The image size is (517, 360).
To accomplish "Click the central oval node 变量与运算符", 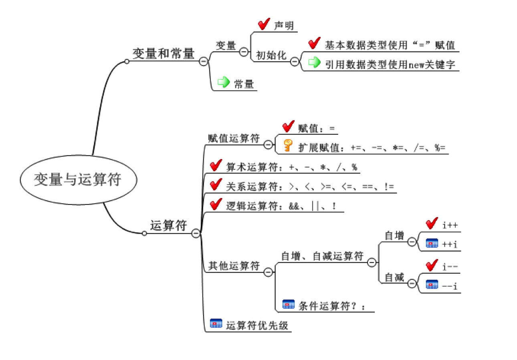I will click(79, 180).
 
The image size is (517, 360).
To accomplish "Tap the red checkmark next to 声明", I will click(264, 24).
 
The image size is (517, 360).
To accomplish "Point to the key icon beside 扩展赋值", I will click(288, 145).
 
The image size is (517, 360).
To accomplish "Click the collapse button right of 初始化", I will click(295, 61).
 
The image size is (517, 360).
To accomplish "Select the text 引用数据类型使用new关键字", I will click(390, 64).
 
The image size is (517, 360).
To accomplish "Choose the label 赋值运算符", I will click(234, 138).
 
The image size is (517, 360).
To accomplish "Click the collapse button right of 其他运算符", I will click(268, 272).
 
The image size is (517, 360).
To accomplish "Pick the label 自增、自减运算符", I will click(322, 256).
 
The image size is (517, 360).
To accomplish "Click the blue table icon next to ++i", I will click(432, 244).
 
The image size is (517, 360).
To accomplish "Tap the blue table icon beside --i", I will click(432, 285).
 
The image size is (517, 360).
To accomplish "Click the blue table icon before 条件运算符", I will click(289, 304).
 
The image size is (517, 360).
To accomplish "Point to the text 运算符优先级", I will click(257, 325).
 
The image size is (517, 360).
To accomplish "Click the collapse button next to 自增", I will click(412, 242).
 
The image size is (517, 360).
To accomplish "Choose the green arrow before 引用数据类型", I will click(315, 62).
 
